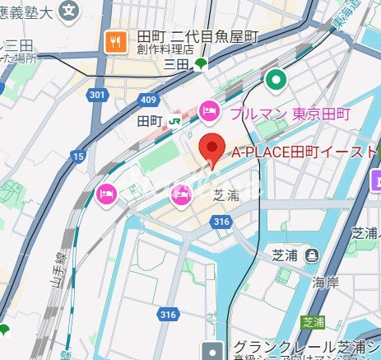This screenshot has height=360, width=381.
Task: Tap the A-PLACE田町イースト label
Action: click(x=303, y=152)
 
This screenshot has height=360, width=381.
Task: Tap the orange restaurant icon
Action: click(x=115, y=40)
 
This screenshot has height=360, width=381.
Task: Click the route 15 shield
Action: click(x=77, y=156)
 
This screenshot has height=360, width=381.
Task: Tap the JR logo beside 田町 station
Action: click(x=174, y=120)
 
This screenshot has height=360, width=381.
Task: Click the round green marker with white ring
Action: click(x=276, y=80)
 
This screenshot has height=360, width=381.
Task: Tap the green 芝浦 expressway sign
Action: click(x=312, y=321)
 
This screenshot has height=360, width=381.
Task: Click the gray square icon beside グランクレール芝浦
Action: click(x=215, y=349)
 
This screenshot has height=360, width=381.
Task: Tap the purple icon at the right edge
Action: click(x=376, y=179)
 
